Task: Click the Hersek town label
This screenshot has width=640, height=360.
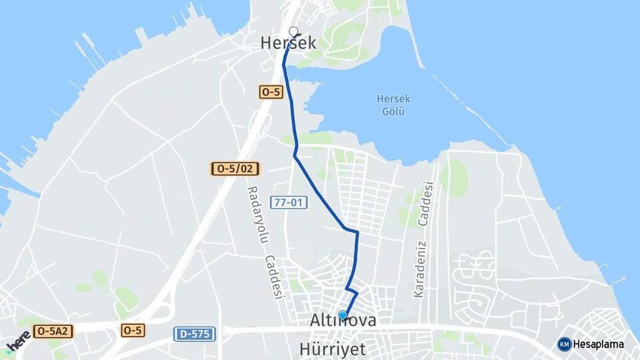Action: pos(288,43)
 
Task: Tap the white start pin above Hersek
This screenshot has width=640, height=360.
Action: pos(293,31)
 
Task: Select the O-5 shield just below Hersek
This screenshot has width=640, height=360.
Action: pos(271,93)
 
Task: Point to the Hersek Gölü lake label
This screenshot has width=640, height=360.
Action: pos(393,105)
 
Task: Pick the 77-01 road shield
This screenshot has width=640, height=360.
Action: pos(289,201)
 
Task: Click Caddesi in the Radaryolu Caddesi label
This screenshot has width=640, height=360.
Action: pos(273,277)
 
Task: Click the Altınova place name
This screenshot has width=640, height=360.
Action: pos(343,321)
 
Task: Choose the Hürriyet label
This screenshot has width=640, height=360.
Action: pos(342,349)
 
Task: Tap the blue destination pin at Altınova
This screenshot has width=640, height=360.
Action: pos(343,315)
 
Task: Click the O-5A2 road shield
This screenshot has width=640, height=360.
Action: pos(53,330)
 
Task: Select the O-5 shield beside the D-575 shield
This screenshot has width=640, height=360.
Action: pos(133,330)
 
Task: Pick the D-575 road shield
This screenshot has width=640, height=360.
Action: pos(194,333)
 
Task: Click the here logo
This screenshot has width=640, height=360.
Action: pos(18,343)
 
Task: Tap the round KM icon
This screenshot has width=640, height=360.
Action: pos(565,344)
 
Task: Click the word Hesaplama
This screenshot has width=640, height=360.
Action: pos(599,344)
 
